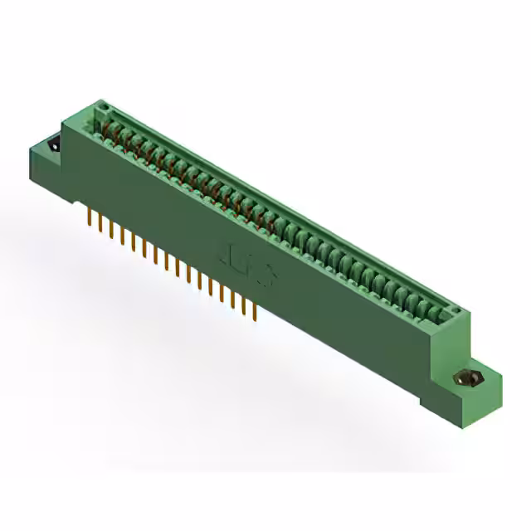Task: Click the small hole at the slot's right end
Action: tap(454, 312)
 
